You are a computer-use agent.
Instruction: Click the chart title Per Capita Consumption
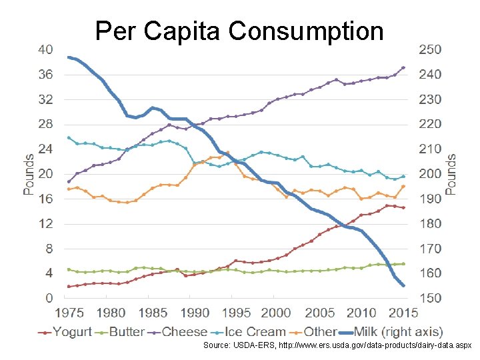coord(239,31)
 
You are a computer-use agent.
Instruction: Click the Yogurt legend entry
coord(73,331)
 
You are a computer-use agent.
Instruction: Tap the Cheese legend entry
coord(184,331)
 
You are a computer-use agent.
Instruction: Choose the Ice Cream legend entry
coord(255,331)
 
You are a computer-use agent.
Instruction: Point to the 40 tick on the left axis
coord(45,50)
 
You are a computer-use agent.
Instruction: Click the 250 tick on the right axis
coord(429,50)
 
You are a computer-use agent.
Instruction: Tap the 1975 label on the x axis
coord(69,313)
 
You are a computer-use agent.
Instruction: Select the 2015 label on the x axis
coord(403,313)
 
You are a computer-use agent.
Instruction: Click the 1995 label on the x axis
coord(235,313)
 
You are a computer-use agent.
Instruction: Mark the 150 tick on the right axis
coord(429,298)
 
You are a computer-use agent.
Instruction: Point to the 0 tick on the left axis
coord(49,298)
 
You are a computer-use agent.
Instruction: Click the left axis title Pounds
coord(29,174)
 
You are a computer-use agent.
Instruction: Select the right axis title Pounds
coord(451,174)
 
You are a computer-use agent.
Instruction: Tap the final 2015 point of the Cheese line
coord(403,67)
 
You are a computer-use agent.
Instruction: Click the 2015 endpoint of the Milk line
coord(403,285)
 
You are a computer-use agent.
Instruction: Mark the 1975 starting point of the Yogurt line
coord(69,287)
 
